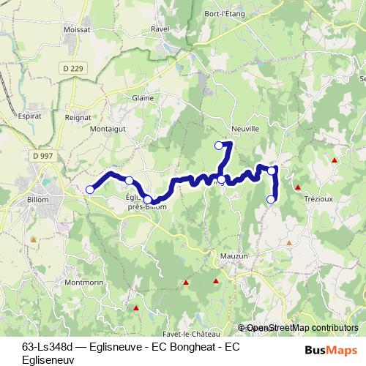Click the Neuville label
coord(245,127)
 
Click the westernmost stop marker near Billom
coord(90,190)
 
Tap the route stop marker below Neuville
coord(218,146)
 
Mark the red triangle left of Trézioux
coord(298,187)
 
